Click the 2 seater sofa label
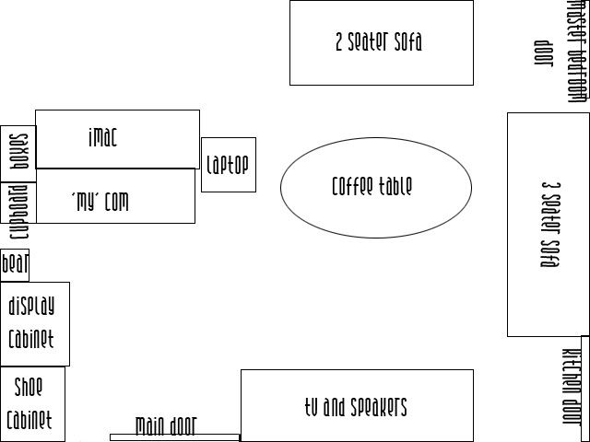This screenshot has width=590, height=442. click(379, 41)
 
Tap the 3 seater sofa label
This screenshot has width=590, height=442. click(550, 224)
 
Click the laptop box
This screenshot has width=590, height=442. click(228, 165)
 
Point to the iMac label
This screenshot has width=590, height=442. click(102, 137)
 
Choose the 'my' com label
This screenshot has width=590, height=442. click(100, 202)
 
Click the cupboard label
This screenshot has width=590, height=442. click(18, 213)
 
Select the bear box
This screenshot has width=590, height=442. click(15, 265)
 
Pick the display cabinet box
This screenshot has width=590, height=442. click(34, 323)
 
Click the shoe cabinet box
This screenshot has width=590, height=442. click(32, 404)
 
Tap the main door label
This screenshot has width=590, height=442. click(166, 425)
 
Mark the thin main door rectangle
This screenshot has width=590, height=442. click(174, 437)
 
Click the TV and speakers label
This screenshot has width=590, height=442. click(356, 406)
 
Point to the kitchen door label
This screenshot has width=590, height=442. click(572, 388)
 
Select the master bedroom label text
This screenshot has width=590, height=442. click(577, 51)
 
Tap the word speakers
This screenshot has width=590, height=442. click(378, 406)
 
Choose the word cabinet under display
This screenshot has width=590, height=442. click(31, 339)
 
